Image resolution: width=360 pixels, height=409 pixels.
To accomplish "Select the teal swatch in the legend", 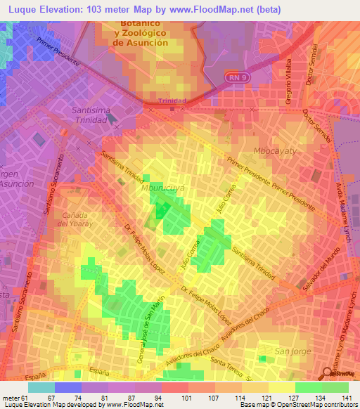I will pos(41,387).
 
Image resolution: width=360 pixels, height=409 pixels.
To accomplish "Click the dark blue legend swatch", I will pos(68,387).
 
